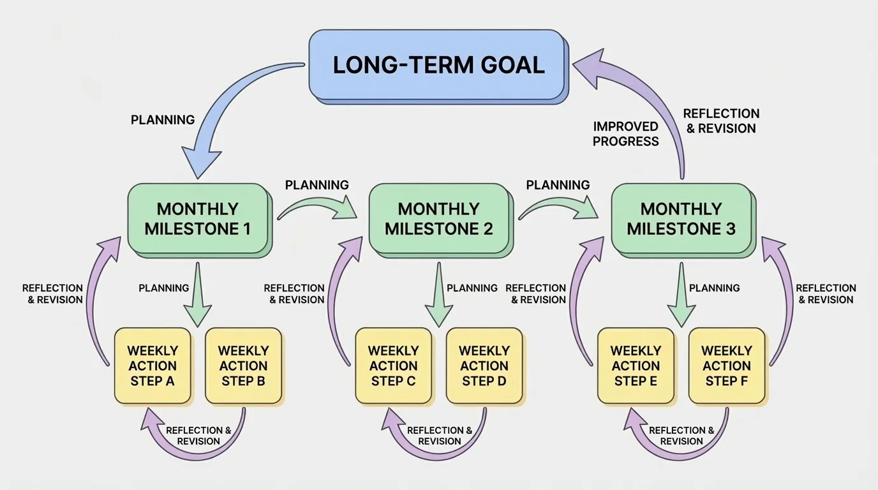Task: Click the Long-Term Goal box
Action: (438, 64)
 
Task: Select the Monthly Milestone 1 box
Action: (197, 219)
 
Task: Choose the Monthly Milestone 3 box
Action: (681, 219)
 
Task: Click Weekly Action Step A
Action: (153, 366)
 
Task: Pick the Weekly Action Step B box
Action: (243, 366)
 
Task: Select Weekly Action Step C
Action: (394, 366)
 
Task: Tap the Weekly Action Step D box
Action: (484, 366)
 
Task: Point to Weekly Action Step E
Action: (636, 366)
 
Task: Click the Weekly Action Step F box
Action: (727, 366)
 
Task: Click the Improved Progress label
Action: (625, 134)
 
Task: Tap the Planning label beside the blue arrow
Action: (163, 120)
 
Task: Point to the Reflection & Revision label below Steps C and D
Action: (440, 436)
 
